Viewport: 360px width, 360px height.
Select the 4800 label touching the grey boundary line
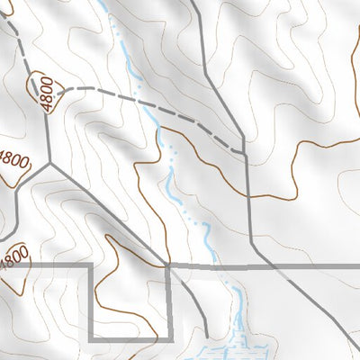(x=14, y=258)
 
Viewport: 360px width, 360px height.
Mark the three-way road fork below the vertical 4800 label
(x=49, y=164)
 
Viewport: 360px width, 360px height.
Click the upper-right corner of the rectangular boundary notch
(x=171, y=267)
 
